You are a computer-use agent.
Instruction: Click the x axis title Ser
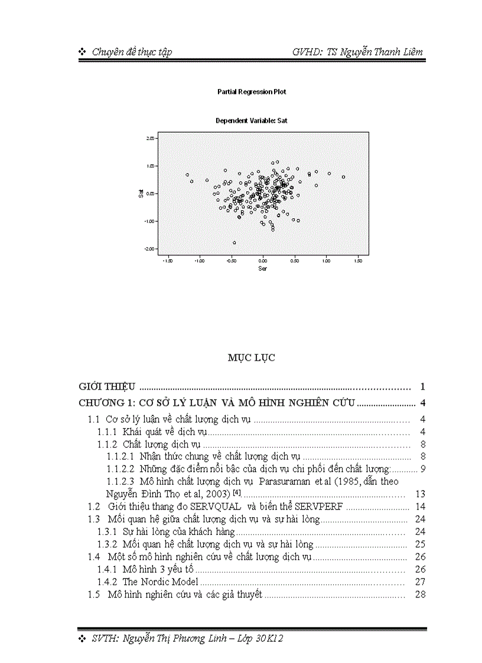click(262, 268)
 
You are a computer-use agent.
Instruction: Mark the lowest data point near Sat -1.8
click(234, 243)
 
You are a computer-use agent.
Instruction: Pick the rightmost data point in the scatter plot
click(343, 177)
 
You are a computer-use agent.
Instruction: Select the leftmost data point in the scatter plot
click(187, 175)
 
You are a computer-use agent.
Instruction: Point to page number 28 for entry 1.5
click(421, 595)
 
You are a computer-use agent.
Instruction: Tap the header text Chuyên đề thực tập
click(132, 52)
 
